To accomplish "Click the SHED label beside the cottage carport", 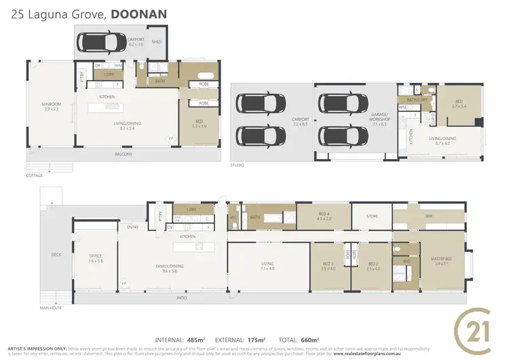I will click(x=157, y=41).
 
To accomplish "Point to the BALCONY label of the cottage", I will click(x=124, y=154).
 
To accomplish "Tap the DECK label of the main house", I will click(x=56, y=255).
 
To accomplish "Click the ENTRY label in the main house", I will click(x=132, y=227).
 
